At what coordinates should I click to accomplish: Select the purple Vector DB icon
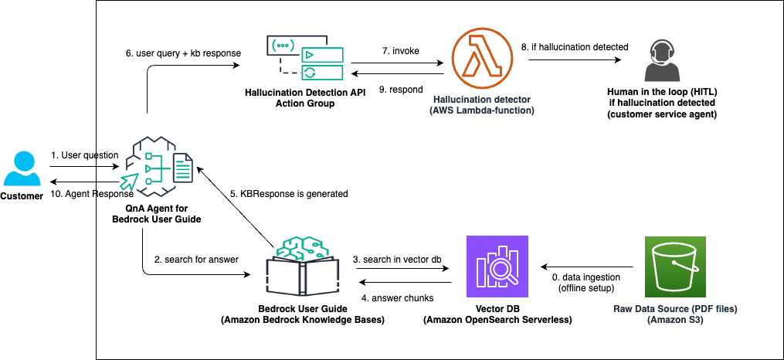click(497, 267)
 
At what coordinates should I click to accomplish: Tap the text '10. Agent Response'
click(83, 193)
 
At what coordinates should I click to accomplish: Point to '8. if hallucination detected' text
click(575, 48)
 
